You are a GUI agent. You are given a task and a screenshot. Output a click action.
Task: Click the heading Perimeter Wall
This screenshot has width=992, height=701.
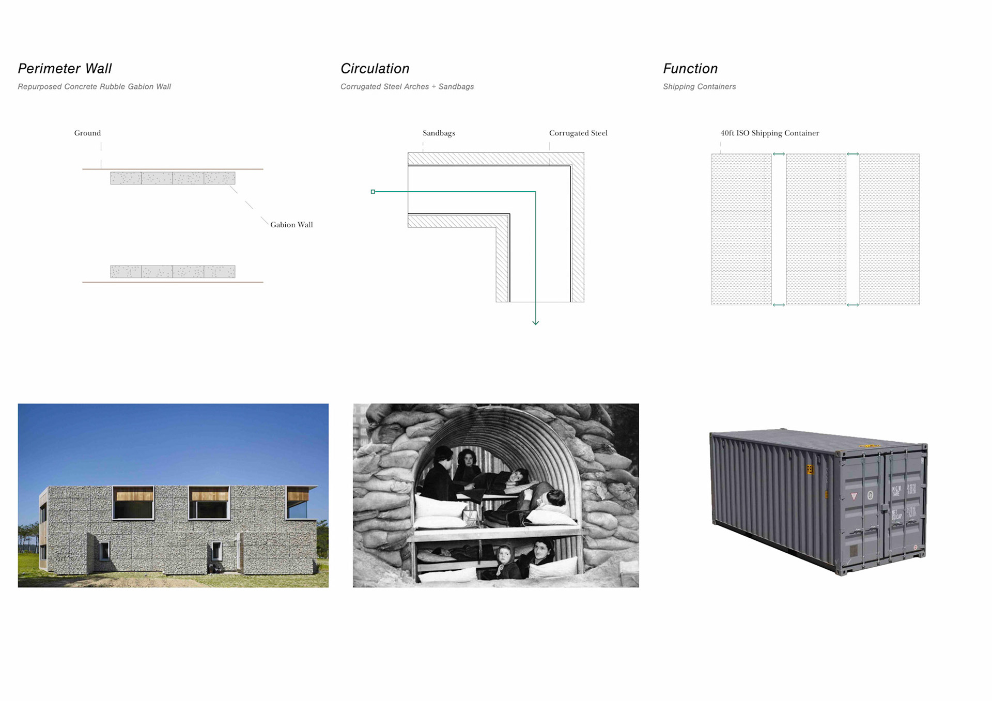pos(65,69)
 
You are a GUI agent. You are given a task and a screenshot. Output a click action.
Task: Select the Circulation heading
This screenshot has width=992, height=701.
pos(375,69)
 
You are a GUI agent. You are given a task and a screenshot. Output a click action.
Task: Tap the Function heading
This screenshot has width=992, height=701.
pos(690,69)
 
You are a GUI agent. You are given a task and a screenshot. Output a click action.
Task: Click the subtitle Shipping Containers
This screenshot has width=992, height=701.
pos(699,87)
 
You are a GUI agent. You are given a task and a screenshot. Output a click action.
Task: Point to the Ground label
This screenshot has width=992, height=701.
pos(87,133)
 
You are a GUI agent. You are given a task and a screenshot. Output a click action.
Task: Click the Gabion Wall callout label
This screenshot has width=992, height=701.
pos(291,225)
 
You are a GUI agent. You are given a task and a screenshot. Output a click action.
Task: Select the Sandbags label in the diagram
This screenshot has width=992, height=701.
pos(439,133)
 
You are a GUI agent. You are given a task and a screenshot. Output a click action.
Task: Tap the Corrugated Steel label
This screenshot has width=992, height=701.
pos(578,133)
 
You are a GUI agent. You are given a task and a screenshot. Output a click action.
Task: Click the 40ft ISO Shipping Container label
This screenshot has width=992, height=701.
pos(769,133)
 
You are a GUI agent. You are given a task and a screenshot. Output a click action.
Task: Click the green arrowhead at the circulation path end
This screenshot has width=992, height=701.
pos(535,322)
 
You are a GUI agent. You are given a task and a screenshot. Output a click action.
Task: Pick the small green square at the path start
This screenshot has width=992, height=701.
pos(373,192)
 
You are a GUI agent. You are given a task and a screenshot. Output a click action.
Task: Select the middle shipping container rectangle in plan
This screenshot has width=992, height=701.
pos(816,229)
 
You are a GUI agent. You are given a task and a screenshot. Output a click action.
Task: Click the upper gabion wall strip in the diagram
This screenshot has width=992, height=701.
pos(173,178)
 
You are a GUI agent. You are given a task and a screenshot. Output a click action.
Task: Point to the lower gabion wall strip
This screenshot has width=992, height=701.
pos(173,272)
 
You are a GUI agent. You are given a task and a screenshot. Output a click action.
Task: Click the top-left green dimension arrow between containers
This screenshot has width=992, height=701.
pos(779,154)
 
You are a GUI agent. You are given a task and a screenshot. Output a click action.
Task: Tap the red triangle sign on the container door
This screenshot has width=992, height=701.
pos(854,496)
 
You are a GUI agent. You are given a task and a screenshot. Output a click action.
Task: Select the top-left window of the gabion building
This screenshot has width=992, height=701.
pos(133,503)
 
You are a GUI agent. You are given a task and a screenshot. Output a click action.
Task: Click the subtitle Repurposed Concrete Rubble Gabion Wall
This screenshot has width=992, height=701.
pos(94,87)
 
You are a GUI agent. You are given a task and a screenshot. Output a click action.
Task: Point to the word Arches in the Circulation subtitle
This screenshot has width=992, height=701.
pos(416,87)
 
